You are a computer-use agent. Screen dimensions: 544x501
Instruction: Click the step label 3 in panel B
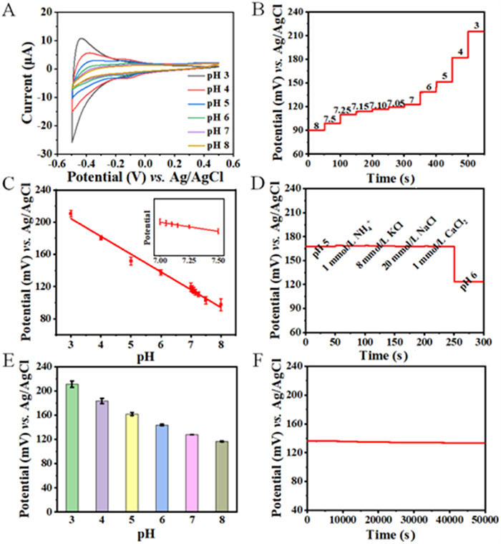[x=476, y=26]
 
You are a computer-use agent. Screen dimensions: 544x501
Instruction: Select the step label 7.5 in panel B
[x=330, y=118]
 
